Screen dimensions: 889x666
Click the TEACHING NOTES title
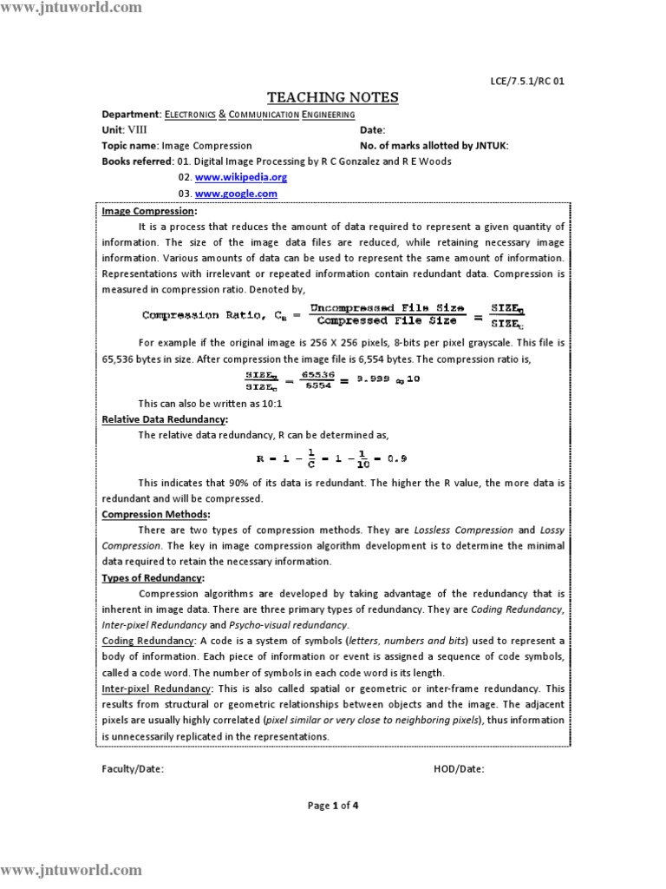tap(332, 97)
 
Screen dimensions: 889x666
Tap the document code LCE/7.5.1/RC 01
tap(527, 82)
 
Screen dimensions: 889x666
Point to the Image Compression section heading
tap(149, 211)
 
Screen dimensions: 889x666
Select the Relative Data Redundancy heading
tap(165, 419)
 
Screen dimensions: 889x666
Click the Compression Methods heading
tap(155, 514)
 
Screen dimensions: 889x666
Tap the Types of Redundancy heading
tap(153, 577)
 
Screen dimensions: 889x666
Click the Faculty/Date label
tap(133, 768)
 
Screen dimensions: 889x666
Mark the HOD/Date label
tap(459, 768)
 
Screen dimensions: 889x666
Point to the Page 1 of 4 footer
tap(333, 805)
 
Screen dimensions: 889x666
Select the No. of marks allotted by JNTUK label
tap(434, 146)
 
